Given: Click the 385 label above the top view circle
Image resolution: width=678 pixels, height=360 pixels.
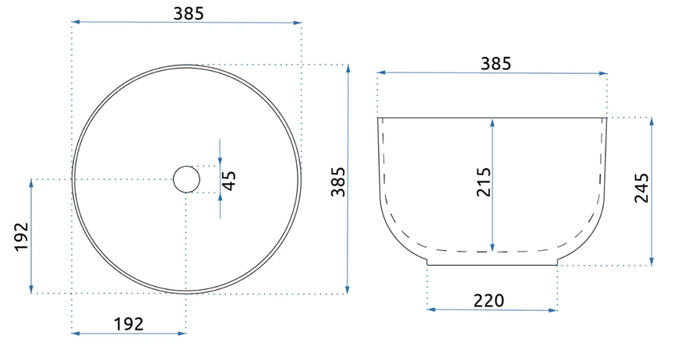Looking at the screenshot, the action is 189,13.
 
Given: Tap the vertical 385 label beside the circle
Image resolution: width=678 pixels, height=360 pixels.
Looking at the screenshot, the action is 338,182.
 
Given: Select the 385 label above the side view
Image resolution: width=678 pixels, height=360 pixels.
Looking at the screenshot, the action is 496,64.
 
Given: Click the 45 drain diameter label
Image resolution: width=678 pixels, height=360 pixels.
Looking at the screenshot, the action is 230,181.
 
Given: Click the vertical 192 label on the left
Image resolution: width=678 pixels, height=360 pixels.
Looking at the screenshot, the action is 21,236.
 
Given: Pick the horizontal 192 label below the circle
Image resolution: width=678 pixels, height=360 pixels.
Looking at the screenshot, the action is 129,323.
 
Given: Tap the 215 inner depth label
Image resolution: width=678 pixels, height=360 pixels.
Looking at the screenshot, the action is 484,182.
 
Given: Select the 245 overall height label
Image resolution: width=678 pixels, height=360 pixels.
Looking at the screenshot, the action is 641,188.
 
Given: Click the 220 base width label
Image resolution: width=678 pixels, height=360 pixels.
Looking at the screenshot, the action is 489,300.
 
